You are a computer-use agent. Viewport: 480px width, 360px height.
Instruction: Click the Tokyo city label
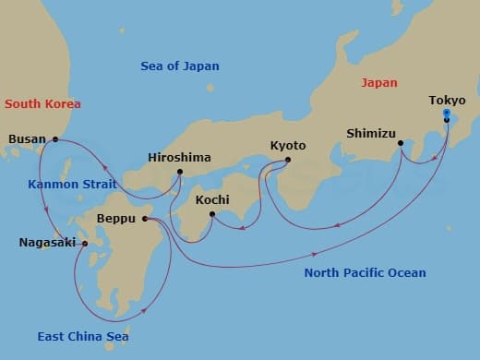point(448,101)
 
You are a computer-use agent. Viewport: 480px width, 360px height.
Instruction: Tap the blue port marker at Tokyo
point(447,114)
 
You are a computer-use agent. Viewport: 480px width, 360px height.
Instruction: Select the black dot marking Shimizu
point(401,143)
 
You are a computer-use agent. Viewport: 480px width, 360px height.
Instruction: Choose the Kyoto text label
point(288,146)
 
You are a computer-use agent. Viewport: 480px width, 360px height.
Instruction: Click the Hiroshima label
point(179,158)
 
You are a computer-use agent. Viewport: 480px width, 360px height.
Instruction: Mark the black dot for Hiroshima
point(179,172)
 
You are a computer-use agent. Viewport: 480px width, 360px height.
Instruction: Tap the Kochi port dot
point(212,214)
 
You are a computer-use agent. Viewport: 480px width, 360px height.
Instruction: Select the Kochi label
point(212,200)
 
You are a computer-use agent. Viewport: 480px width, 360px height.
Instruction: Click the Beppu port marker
point(146,219)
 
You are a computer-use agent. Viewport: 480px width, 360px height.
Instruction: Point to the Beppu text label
point(118,220)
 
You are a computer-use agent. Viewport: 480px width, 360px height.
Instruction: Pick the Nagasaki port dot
point(84,244)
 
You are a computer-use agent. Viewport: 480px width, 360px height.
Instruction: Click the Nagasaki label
point(46,244)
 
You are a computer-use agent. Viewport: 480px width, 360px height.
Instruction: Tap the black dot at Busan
point(55,139)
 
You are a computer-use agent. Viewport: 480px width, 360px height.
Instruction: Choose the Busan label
point(27,139)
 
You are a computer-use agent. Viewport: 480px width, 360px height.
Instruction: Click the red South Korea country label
point(42,104)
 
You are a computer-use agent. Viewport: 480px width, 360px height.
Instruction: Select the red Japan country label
point(378,82)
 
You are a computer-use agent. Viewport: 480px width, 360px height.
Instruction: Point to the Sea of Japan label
point(180,66)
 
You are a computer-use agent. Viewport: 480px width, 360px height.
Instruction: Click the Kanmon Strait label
point(73,184)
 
